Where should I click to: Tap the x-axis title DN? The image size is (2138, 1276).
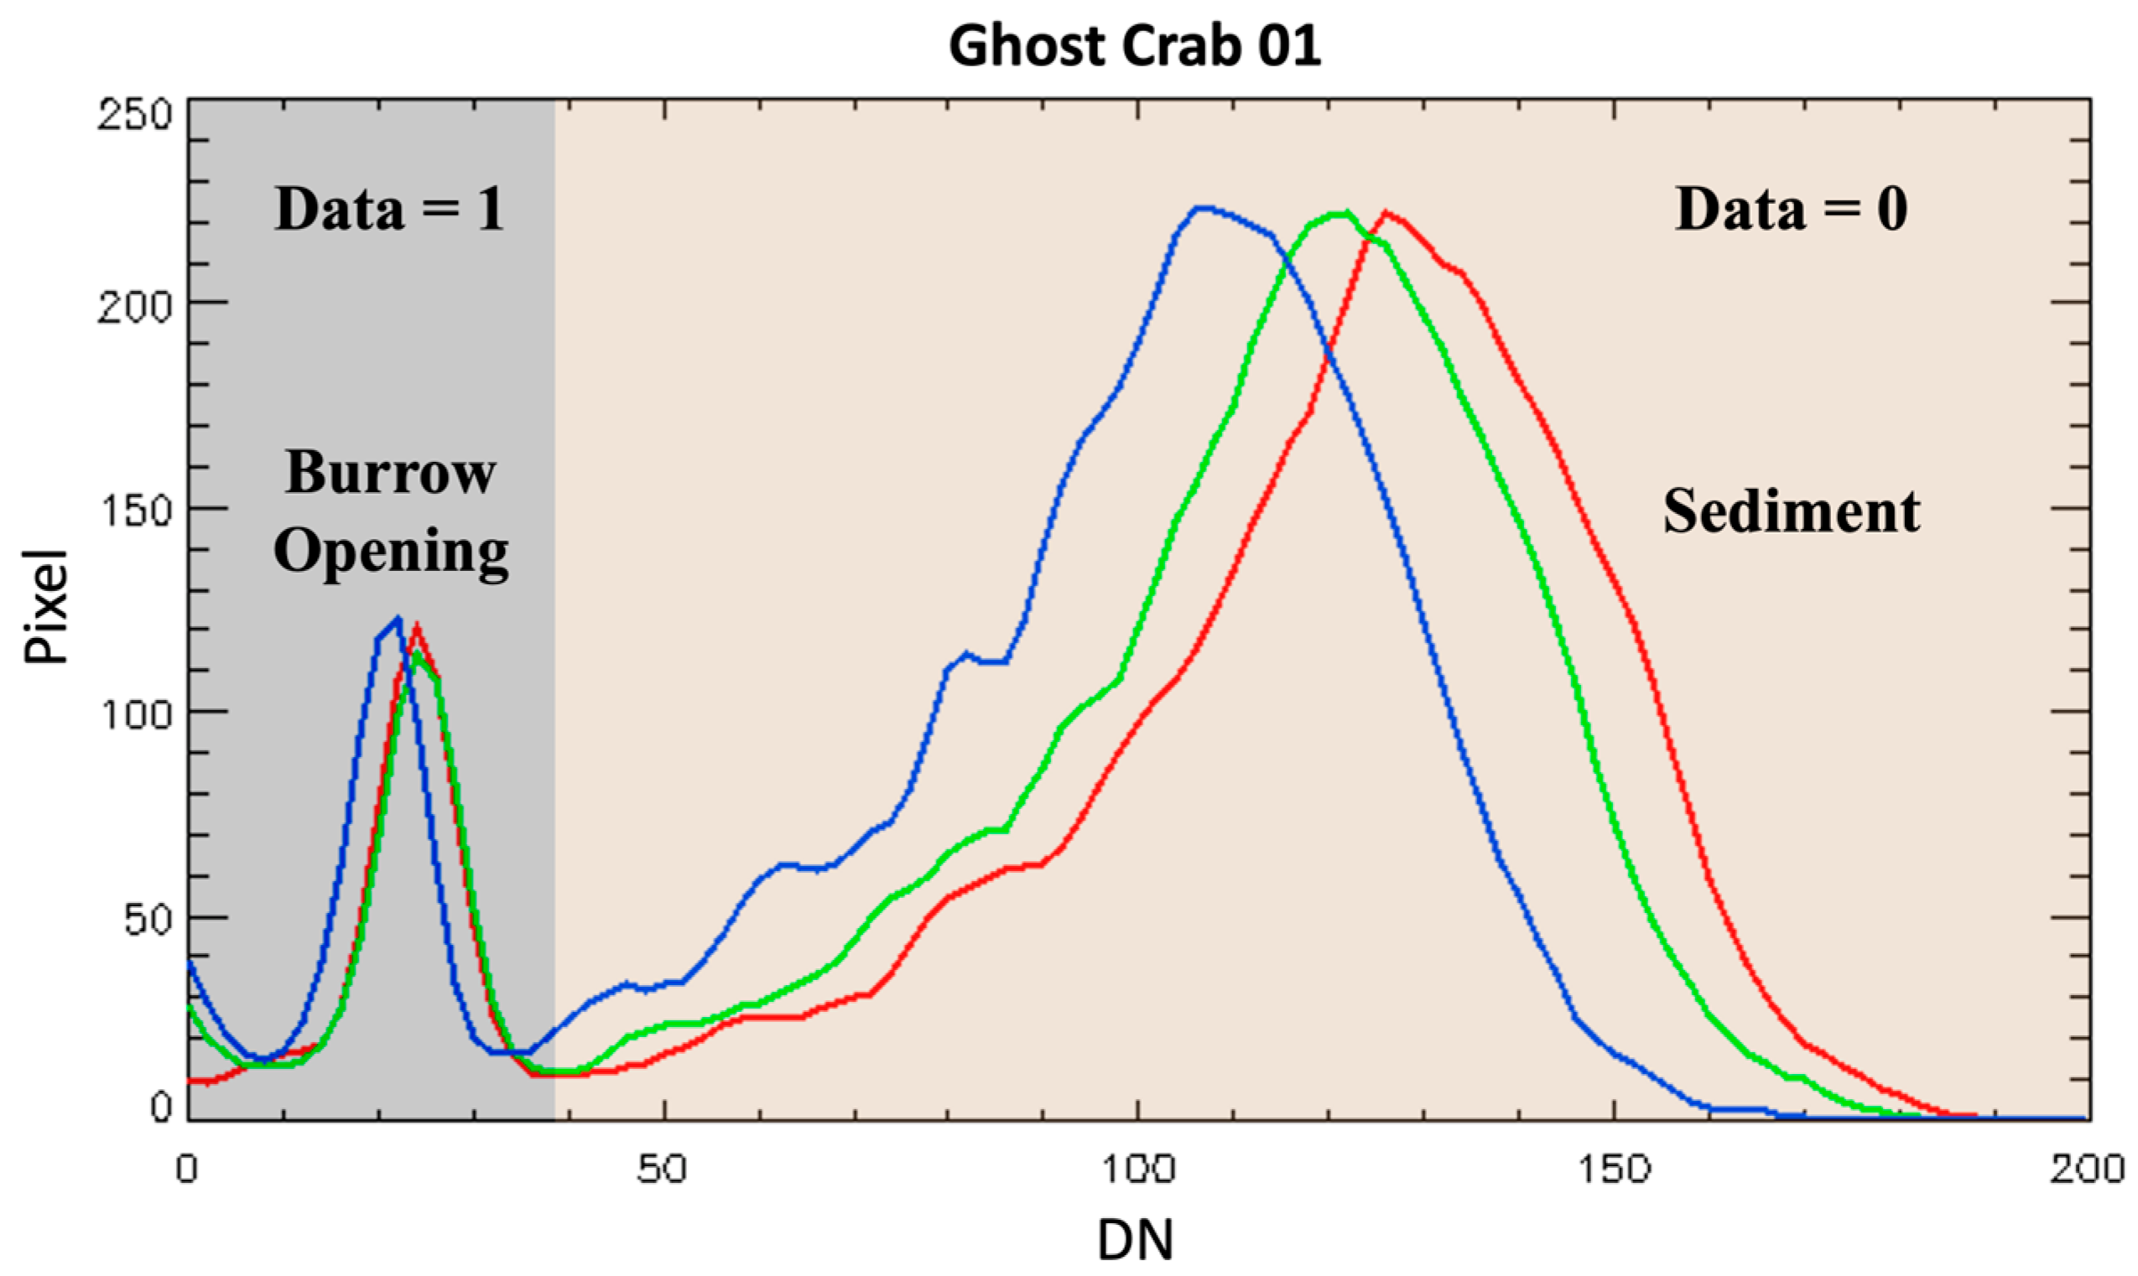tap(1135, 1239)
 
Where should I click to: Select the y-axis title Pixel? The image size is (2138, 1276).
tap(44, 607)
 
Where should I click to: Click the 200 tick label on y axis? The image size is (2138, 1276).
tap(135, 305)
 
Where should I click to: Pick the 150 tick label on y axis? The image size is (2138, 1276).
tap(135, 511)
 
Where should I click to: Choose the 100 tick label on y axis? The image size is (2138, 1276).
tap(135, 714)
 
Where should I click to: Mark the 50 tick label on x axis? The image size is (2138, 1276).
tap(663, 1169)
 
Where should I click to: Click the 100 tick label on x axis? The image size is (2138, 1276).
tap(1137, 1169)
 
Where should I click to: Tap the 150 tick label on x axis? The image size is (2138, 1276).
tap(1614, 1169)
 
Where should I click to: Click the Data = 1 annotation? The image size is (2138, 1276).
tap(388, 209)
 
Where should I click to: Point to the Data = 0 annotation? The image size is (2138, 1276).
tap(1792, 209)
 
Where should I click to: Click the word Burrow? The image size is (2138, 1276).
tap(391, 473)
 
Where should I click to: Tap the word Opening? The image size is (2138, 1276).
tap(391, 551)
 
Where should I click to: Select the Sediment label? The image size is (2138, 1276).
tap(1792, 511)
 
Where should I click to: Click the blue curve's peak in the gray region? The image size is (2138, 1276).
tap(397, 618)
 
